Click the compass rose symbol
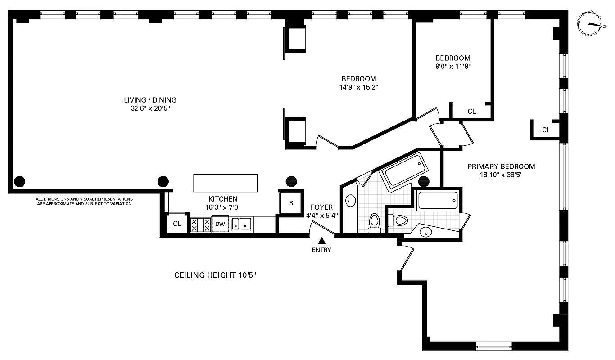pos(590,23)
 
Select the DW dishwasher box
pos(220,224)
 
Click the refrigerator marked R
pos(291,203)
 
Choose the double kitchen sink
pos(242,224)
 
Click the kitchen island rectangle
pos(225,183)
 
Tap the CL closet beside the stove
pos(177,224)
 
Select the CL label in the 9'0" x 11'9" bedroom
pos(471,111)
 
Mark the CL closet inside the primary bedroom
pos(546,130)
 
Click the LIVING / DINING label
pos(150,100)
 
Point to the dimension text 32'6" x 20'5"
pos(150,108)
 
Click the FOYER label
pos(321,207)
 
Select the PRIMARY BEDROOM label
pos(501,166)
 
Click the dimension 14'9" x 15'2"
pos(358,87)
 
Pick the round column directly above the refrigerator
pos(291,181)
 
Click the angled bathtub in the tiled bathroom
pos(402,169)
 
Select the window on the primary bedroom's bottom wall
pos(493,346)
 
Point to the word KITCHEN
pos(223,199)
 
